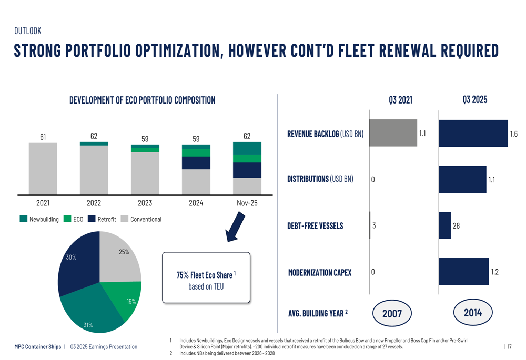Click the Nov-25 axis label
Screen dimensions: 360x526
click(x=247, y=203)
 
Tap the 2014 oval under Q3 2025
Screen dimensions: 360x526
click(x=473, y=313)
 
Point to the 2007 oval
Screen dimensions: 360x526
click(x=392, y=314)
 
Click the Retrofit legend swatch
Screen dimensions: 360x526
click(x=92, y=219)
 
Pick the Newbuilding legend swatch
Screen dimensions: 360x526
click(x=23, y=219)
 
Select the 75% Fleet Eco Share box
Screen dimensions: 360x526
click(x=206, y=277)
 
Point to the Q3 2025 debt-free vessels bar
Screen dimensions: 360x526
click(x=444, y=225)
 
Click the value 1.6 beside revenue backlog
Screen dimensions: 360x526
click(x=514, y=134)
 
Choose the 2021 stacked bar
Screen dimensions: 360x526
click(x=43, y=168)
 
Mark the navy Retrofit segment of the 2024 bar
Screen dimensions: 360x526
click(x=196, y=163)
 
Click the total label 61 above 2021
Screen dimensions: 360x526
click(x=43, y=137)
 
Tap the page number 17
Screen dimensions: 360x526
click(x=509, y=346)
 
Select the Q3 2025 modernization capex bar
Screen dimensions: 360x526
click(x=463, y=272)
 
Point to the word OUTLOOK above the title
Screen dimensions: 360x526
click(x=27, y=31)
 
